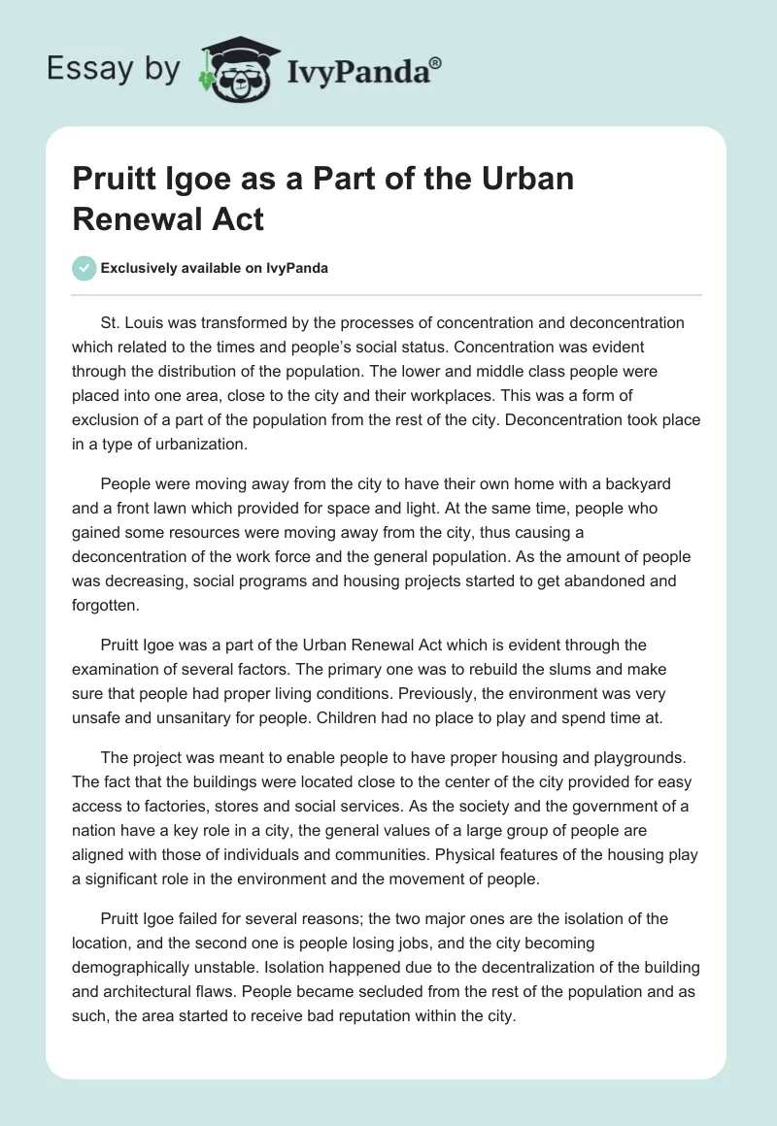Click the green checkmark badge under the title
(84, 268)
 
